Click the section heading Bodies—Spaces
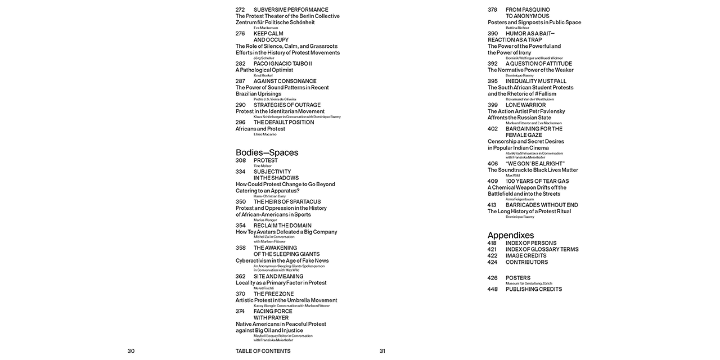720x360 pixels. tap(267, 152)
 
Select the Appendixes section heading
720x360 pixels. tap(511, 235)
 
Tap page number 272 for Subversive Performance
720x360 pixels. tap(240, 10)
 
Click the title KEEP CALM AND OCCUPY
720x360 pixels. tap(271, 37)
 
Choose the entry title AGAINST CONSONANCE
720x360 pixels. tap(285, 81)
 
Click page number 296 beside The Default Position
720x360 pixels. tap(240, 122)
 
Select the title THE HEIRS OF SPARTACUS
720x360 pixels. tap(287, 201)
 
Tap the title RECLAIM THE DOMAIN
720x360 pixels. tap(282, 226)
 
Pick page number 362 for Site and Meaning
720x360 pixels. tap(240, 276)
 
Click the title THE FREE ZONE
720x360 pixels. tap(273, 294)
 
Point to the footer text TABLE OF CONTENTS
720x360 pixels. tap(263, 351)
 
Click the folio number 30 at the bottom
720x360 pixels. tap(131, 351)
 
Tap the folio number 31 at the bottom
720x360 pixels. tap(382, 351)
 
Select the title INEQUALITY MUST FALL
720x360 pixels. tap(536, 81)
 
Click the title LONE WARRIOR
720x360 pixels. tap(525, 105)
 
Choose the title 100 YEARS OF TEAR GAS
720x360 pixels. tap(537, 181)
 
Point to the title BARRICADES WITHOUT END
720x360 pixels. tap(542, 205)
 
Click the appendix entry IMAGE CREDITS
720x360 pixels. tap(526, 255)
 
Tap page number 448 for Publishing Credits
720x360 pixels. tap(492, 289)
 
